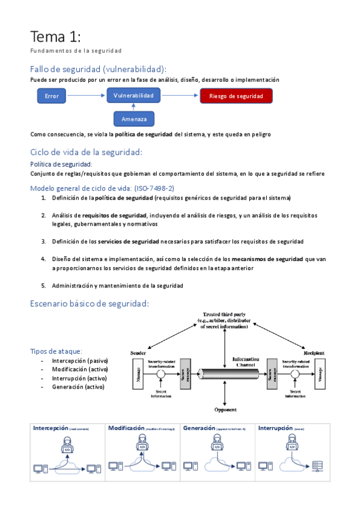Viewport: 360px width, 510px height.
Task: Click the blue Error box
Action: (x=52, y=96)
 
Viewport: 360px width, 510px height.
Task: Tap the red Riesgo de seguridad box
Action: (x=236, y=96)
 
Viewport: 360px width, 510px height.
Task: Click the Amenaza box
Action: (x=133, y=118)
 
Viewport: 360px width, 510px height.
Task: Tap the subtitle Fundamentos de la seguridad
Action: (x=76, y=51)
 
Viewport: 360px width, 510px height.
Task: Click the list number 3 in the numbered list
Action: (x=43, y=241)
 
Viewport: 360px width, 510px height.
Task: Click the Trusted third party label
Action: (x=224, y=315)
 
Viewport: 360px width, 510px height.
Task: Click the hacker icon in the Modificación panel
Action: (x=142, y=446)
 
